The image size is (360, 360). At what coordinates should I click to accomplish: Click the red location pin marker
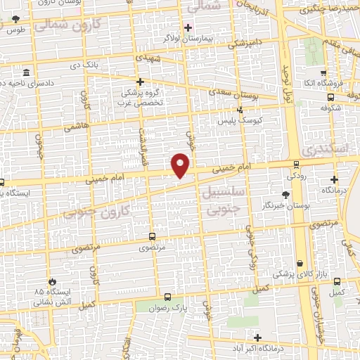(181, 165)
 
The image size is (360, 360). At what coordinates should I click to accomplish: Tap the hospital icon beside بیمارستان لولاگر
(187, 28)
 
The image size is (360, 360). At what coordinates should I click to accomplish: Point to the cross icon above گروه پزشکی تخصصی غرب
(140, 82)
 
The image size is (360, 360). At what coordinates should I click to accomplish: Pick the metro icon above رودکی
(297, 165)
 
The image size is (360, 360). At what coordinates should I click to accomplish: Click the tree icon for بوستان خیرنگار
(285, 195)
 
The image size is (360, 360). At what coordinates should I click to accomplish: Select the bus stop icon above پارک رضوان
(167, 297)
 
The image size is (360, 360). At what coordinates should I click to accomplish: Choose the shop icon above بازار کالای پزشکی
(301, 263)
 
